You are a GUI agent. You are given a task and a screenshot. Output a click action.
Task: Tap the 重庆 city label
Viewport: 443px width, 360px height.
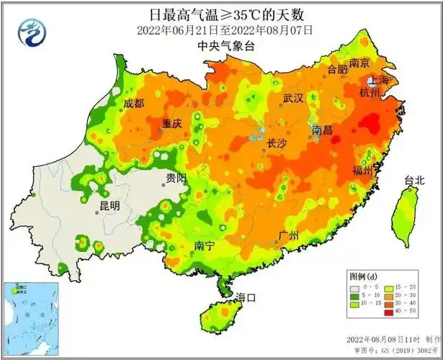pyautogui.click(x=171, y=123)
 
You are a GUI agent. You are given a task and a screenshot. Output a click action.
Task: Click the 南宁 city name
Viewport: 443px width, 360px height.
pyautogui.click(x=205, y=246)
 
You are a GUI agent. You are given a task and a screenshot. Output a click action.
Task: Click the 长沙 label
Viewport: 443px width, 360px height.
pyautogui.click(x=277, y=143)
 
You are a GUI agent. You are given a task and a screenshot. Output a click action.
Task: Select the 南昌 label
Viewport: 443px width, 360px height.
pyautogui.click(x=323, y=130)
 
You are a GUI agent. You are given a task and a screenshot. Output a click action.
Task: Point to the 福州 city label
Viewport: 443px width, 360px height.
pyautogui.click(x=362, y=171)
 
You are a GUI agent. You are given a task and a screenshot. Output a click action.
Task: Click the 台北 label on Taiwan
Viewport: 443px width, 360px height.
pyautogui.click(x=414, y=180)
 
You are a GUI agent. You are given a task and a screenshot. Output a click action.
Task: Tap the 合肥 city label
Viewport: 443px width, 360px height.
pyautogui.click(x=337, y=70)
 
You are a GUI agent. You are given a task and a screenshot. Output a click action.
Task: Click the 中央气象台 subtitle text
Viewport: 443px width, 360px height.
pyautogui.click(x=221, y=45)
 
